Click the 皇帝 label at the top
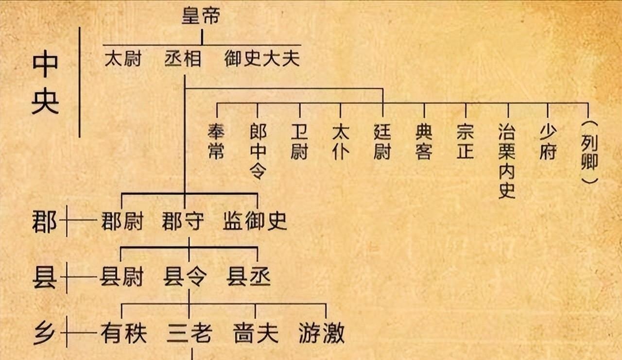[x=201, y=17]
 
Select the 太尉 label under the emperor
[x=123, y=59]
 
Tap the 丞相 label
[x=183, y=59]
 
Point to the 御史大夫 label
[x=262, y=59]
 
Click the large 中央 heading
[x=45, y=83]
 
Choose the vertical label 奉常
[x=216, y=141]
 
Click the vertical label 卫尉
[x=299, y=141]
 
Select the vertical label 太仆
[x=341, y=141]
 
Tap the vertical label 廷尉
[x=382, y=141]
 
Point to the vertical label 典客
[x=424, y=141]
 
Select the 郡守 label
[x=184, y=222]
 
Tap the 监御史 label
[x=255, y=222]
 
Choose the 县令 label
[x=185, y=277]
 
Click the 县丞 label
[x=249, y=277]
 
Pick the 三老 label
[x=189, y=334]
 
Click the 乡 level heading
[x=44, y=333]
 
